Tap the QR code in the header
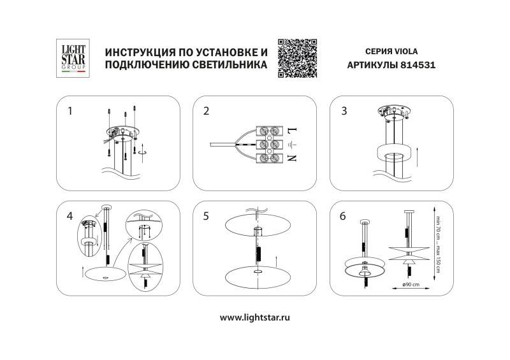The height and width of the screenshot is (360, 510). click(x=298, y=58)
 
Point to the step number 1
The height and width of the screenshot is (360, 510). click(x=70, y=111)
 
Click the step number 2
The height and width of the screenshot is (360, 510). click(x=206, y=111)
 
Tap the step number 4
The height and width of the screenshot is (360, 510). click(x=69, y=216)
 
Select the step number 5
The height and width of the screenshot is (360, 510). click(x=206, y=216)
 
